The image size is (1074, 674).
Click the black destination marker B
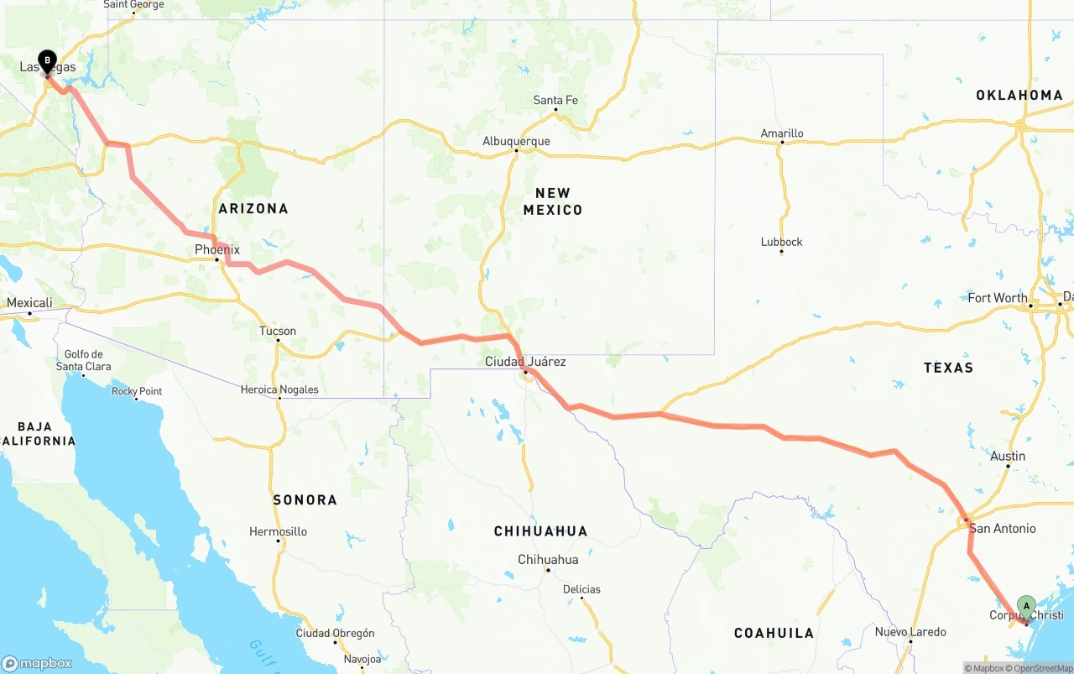48,61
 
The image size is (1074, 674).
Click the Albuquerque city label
516,141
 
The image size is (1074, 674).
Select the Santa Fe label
555,101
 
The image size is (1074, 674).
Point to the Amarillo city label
781,133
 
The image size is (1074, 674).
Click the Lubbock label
781,242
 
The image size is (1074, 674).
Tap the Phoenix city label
217,249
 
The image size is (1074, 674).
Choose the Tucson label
278,331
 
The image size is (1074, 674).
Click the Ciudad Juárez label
525,362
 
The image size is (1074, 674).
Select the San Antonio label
1002,529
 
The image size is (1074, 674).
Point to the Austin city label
1008,457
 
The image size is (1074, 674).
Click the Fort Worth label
997,298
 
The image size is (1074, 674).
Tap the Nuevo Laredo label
910,632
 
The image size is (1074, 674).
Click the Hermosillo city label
278,531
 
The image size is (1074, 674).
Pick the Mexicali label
29,303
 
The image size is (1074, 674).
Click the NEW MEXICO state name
552,201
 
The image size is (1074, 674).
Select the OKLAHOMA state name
1019,96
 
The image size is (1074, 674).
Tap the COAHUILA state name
774,633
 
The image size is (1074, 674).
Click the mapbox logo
37,663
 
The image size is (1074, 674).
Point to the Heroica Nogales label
279,389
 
